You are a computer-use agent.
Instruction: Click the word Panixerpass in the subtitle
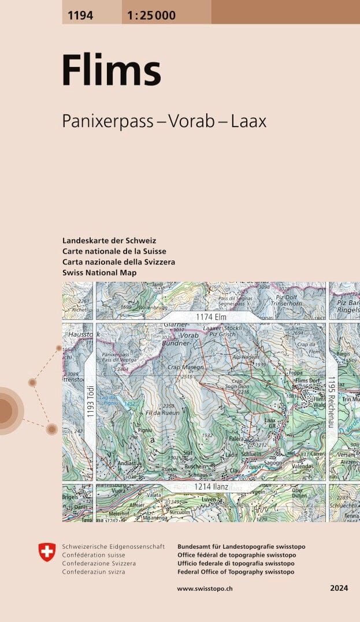(x=107, y=121)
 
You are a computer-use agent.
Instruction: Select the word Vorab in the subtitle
(x=191, y=121)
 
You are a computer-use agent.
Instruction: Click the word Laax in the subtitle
(x=248, y=121)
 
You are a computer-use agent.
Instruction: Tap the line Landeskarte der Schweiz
(x=109, y=240)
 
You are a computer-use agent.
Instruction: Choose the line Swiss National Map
(x=99, y=272)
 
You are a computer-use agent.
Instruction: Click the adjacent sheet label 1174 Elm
(x=210, y=317)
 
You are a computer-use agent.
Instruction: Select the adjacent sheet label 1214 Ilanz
(x=211, y=487)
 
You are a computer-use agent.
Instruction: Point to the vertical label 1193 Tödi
(x=90, y=398)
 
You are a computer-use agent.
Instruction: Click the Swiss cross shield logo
(x=47, y=552)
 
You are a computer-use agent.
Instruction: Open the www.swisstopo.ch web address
(x=205, y=588)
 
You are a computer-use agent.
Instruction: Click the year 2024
(x=339, y=588)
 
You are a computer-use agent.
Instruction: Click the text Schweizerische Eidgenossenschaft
(x=113, y=546)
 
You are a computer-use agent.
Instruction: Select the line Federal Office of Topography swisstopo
(x=236, y=572)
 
